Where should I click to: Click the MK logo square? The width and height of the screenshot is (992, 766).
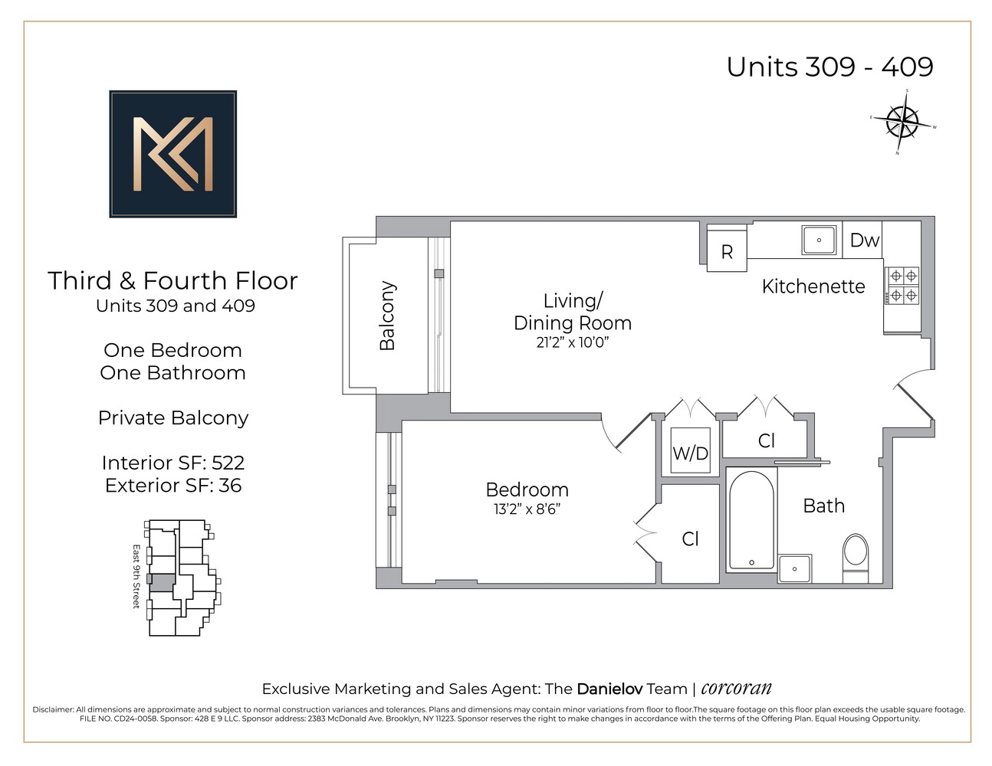(x=172, y=154)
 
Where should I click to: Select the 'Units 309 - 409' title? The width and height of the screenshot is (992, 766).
(x=829, y=67)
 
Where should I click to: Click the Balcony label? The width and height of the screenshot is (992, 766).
(x=388, y=316)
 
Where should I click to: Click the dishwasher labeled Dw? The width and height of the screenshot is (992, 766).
(x=864, y=241)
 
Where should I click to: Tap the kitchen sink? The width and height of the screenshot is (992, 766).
(x=819, y=240)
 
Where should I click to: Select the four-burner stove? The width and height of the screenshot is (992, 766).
(x=902, y=285)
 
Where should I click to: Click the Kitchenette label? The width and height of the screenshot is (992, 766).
(x=813, y=286)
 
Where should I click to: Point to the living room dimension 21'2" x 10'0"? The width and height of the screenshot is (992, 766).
(x=572, y=342)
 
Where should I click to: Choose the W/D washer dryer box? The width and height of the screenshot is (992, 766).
(x=690, y=453)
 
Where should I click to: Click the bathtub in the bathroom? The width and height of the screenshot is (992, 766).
(x=751, y=520)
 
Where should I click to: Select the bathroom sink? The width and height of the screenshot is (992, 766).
(x=795, y=568)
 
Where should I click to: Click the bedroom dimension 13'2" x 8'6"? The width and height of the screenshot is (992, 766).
(x=527, y=509)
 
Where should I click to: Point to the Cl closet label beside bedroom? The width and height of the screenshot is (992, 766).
(x=690, y=539)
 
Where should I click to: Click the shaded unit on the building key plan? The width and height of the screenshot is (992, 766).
(x=162, y=581)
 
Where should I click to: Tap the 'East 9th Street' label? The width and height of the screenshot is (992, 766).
(x=136, y=577)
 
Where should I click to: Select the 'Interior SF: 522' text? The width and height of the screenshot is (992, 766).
(x=173, y=463)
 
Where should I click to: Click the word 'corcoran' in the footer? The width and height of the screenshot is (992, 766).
(x=736, y=688)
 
